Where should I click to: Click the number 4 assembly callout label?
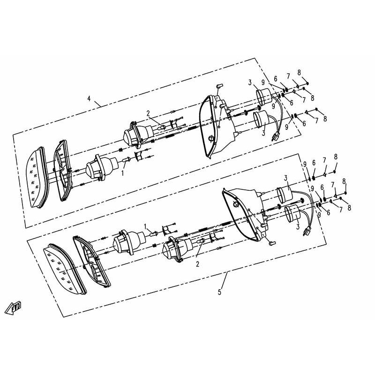point(89,98)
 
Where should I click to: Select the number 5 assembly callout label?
point(219,292)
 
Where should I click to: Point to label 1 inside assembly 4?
point(123,173)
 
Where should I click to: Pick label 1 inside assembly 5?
point(145,225)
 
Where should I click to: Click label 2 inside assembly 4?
point(147,113)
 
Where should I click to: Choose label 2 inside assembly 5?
point(197,264)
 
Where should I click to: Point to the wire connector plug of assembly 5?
point(307,231)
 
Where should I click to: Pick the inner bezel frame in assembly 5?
point(92,262)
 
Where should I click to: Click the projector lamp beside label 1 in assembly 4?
point(101,169)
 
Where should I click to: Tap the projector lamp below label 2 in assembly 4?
point(138,134)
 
